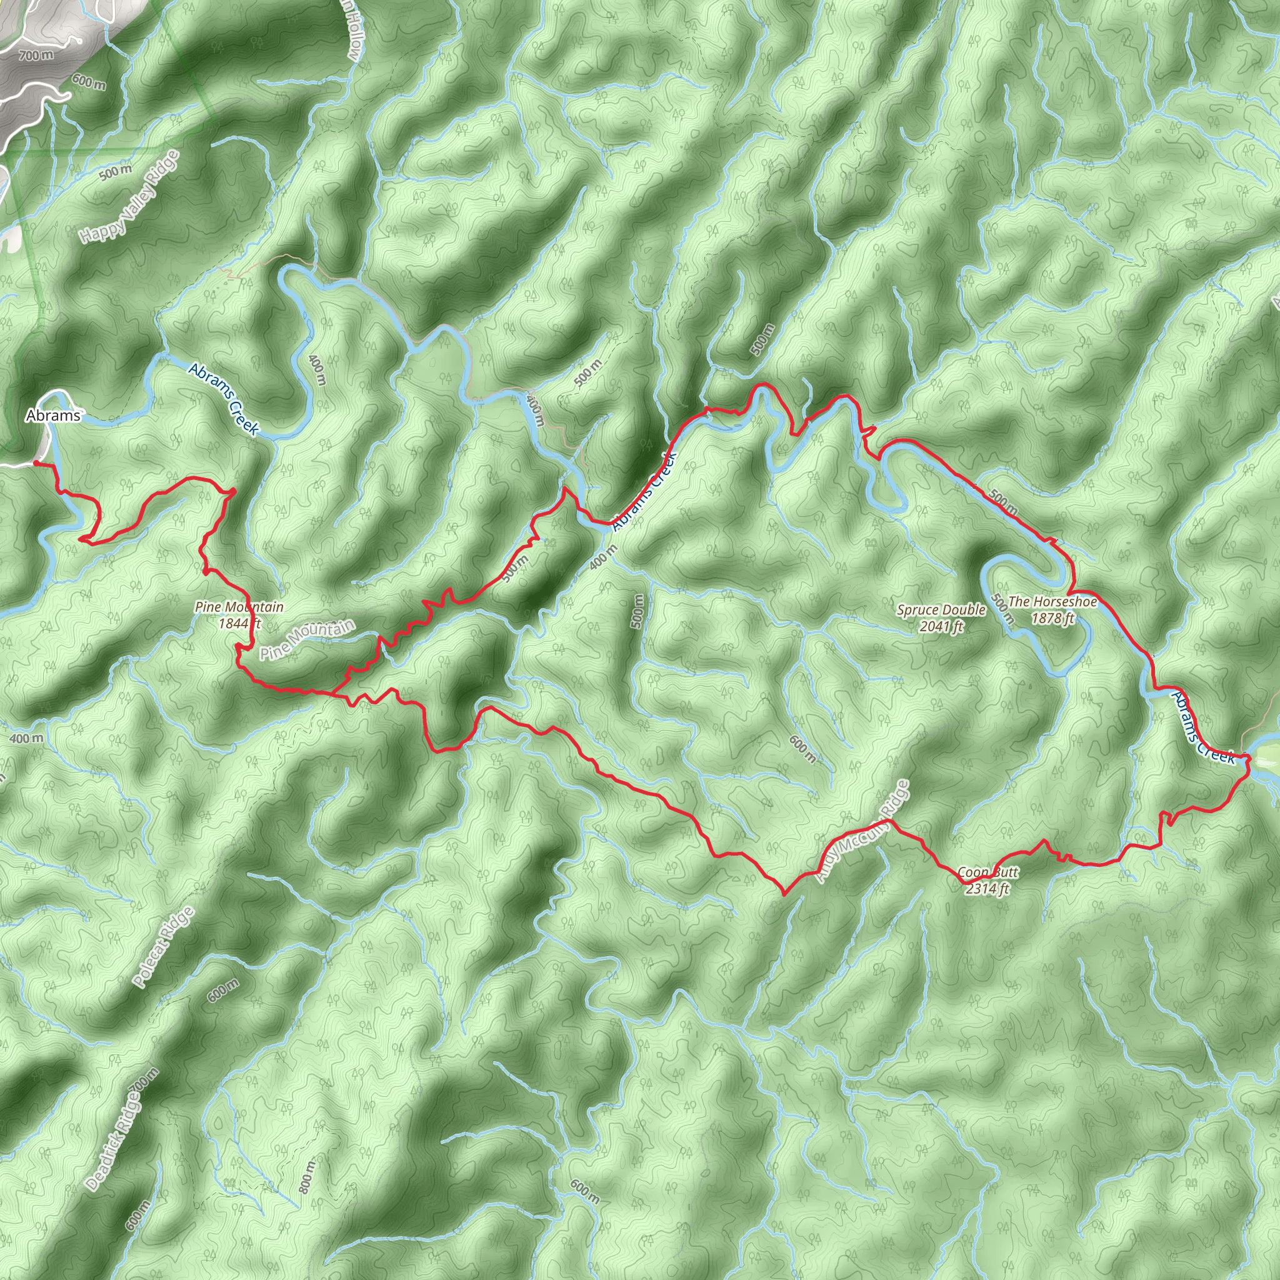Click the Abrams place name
pyautogui.click(x=53, y=416)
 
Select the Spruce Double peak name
pyautogui.click(x=941, y=610)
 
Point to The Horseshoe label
pyautogui.click(x=1052, y=602)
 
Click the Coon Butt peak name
pyautogui.click(x=987, y=872)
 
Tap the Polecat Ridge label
pyautogui.click(x=163, y=947)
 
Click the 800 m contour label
pyautogui.click(x=307, y=1176)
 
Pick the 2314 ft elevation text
pyautogui.click(x=987, y=889)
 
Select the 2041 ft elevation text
pyautogui.click(x=941, y=626)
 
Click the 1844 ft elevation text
pyautogui.click(x=239, y=622)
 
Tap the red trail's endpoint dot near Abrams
pyautogui.click(x=35, y=463)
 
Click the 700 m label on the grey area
pyautogui.click(x=36, y=56)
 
